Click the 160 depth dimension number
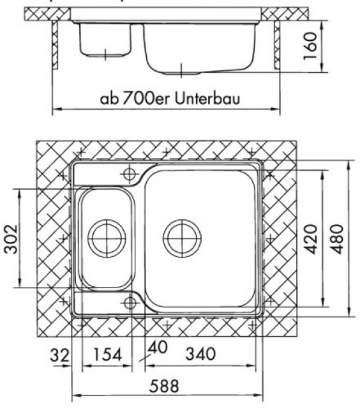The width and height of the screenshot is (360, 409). coord(310,46)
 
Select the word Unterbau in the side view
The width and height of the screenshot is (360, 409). coord(207,98)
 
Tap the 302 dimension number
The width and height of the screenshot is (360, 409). coord(11,239)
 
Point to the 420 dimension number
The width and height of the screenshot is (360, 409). coord(311,239)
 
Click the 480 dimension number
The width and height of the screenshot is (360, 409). coord(337,239)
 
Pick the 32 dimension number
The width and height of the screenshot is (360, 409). coord(60,355)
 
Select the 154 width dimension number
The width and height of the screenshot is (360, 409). coord(107,355)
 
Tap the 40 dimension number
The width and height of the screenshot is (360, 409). coord(158,348)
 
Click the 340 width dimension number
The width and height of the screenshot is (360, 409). coord(200,353)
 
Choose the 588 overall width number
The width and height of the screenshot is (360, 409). coord(164,386)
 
